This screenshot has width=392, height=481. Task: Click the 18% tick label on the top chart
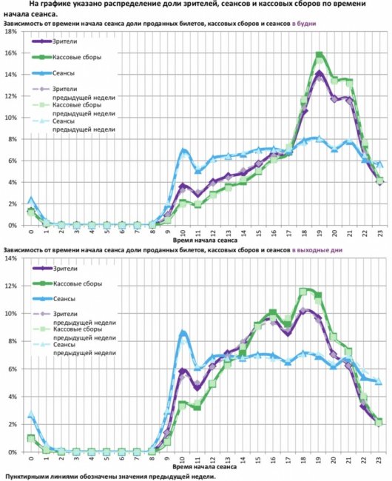[11, 32]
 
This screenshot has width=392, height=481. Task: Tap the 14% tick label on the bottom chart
[11, 258]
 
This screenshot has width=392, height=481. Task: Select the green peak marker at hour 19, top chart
[319, 55]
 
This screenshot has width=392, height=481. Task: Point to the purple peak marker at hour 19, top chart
[319, 73]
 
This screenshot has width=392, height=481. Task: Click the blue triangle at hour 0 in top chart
[30, 200]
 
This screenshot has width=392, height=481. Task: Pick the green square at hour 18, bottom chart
[303, 292]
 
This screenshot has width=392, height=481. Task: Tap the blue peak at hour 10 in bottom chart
[183, 333]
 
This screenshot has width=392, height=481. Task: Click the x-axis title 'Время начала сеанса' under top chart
[205, 240]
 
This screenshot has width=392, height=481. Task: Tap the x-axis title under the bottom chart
[204, 467]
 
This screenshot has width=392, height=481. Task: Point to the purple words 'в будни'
[304, 24]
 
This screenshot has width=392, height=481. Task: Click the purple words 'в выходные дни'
[317, 250]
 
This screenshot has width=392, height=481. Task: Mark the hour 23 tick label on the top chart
[380, 232]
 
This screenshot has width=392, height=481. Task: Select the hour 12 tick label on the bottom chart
[212, 460]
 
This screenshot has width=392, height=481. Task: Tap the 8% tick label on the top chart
[13, 139]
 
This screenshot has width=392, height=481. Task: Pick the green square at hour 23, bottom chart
[379, 423]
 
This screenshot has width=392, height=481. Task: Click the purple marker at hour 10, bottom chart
[183, 371]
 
